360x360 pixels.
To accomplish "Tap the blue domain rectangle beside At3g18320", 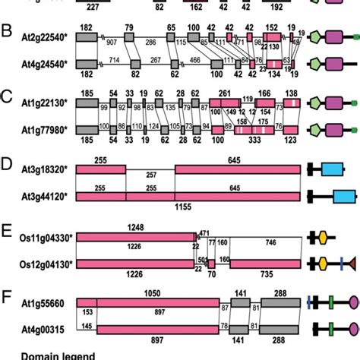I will [x=332, y=169].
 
